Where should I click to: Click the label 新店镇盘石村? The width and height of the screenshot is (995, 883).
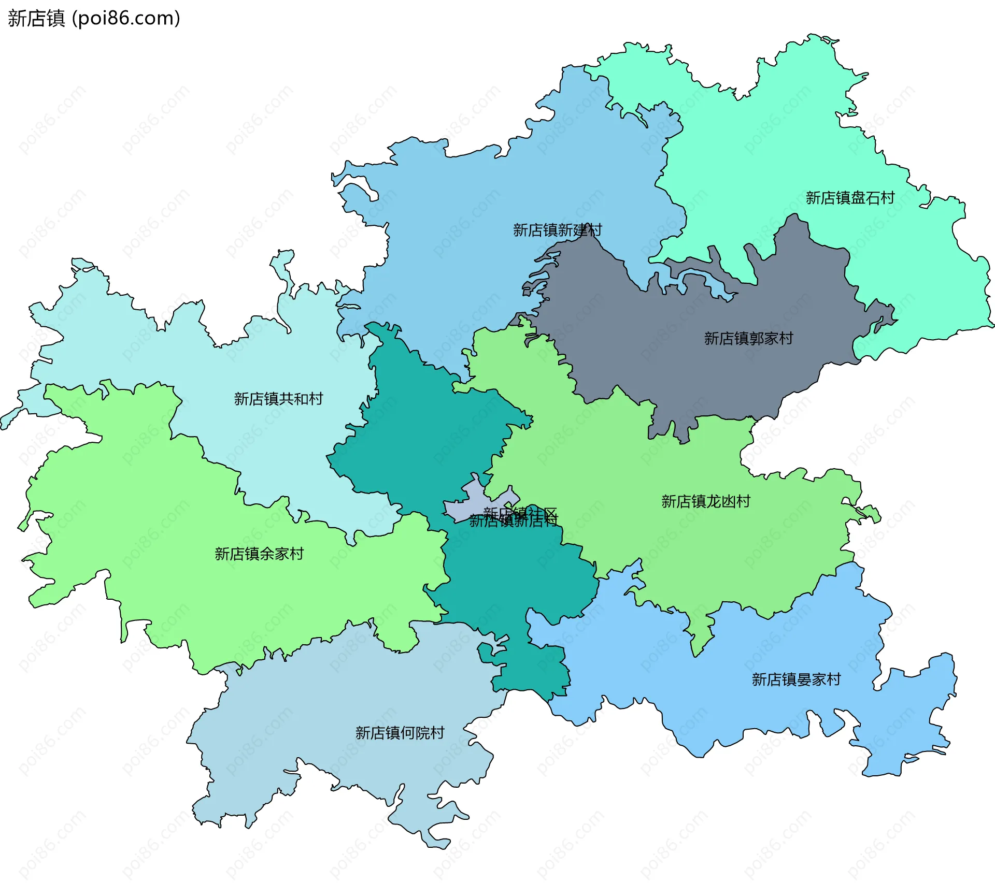click(x=850, y=198)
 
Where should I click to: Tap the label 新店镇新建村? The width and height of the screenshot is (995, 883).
click(x=557, y=230)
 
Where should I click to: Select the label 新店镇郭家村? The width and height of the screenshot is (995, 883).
click(x=748, y=339)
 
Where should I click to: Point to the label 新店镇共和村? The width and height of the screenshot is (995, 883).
click(x=278, y=399)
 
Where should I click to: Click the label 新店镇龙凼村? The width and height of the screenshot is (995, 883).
click(x=705, y=502)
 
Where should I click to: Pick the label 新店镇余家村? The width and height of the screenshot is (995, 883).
click(x=259, y=554)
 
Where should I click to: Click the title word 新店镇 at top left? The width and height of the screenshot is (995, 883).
click(x=36, y=18)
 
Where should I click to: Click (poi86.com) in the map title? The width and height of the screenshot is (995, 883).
click(x=126, y=18)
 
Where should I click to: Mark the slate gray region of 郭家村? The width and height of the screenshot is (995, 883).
click(x=674, y=363)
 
